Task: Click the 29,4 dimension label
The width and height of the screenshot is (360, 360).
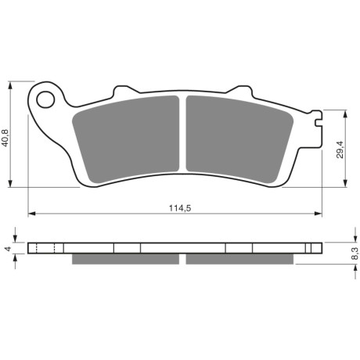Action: [x=340, y=149]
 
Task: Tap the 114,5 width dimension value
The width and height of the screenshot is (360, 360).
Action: [x=180, y=208]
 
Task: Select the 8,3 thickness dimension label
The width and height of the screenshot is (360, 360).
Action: [x=355, y=254]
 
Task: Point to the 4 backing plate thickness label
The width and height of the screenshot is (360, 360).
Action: [x=8, y=249]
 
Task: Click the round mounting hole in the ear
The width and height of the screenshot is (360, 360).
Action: [x=45, y=99]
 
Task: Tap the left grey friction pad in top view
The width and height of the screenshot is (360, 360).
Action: [x=126, y=139]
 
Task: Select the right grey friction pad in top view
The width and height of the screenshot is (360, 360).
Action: [x=239, y=139]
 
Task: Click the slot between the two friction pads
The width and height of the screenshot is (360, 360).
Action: [x=182, y=134]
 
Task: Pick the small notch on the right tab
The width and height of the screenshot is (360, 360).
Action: [x=318, y=123]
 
